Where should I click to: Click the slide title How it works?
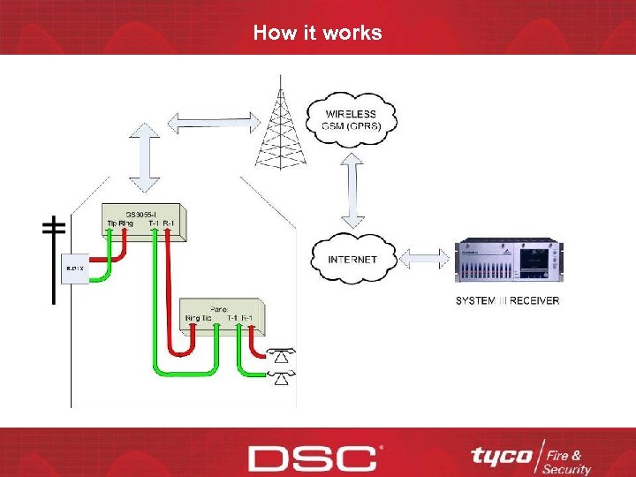(317, 33)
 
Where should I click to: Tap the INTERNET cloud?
(352, 259)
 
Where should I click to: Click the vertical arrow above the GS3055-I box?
(144, 158)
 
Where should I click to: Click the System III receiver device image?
(507, 260)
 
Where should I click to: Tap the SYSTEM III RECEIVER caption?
(507, 300)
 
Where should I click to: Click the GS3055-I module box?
(144, 222)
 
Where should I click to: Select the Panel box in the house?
(220, 314)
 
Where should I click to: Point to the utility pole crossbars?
(53, 227)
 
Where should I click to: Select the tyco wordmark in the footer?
(501, 456)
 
